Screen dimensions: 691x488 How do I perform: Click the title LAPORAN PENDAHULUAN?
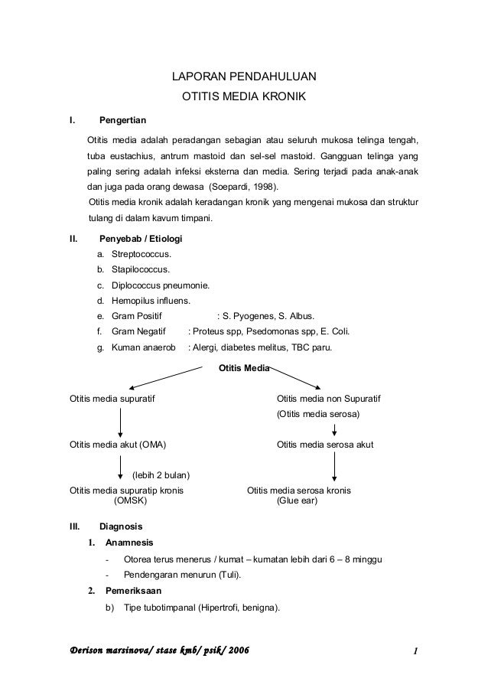243,77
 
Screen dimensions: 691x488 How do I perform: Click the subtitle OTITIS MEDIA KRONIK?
243,98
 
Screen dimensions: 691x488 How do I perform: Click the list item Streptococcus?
142,254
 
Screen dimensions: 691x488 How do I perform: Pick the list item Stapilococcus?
141,269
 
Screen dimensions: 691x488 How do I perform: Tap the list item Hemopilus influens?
151,301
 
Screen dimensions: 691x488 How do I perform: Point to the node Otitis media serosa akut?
325,445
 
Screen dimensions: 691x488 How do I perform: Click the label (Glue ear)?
297,501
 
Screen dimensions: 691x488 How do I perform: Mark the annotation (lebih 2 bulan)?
161,476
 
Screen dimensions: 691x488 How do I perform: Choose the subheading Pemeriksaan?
133,591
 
